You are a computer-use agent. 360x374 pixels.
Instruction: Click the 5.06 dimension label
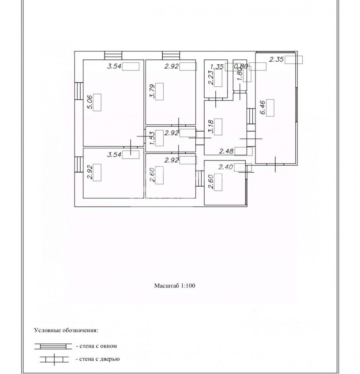89,103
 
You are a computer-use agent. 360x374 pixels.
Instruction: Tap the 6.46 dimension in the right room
263,108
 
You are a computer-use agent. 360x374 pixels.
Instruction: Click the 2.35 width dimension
277,60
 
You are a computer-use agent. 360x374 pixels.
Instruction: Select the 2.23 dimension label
211,78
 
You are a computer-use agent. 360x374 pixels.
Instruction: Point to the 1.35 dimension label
216,67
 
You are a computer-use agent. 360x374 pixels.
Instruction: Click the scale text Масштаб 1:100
174,286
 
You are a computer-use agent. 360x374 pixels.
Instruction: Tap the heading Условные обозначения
66,330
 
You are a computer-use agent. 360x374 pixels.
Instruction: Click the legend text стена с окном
97,346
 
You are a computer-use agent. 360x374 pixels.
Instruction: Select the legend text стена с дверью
98,359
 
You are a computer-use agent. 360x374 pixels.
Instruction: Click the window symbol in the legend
53,346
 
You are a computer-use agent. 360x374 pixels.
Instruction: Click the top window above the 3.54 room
113,55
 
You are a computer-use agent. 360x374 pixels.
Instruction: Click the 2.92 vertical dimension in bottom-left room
89,171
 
